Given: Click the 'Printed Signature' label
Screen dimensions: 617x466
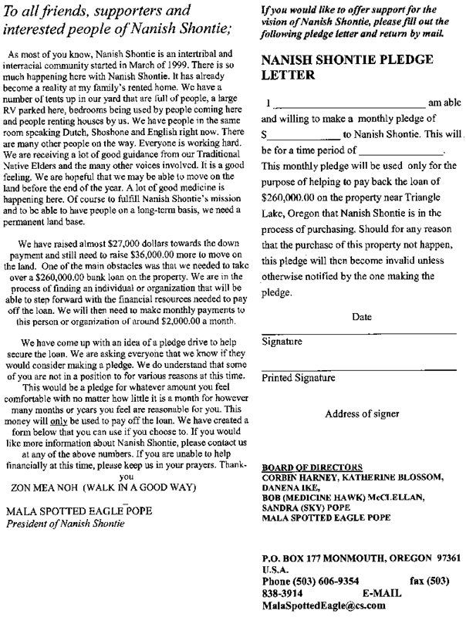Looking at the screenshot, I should point(299,378).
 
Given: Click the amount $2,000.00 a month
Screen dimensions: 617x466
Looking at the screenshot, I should point(175,322).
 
